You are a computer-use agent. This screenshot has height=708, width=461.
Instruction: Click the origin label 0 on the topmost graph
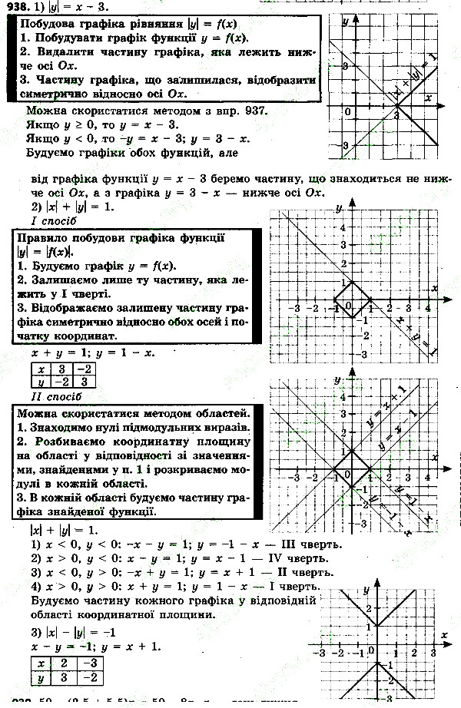click(x=347, y=112)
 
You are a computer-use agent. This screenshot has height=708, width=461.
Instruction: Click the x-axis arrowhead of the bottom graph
click(x=447, y=643)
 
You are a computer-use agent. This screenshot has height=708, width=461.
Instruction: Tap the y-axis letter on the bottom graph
click(x=367, y=589)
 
